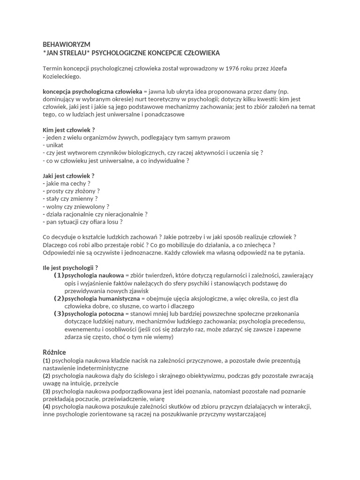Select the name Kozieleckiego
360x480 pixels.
61,76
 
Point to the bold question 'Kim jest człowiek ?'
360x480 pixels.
68,130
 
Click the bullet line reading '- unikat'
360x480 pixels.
52,145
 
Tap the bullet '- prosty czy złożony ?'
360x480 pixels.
71,191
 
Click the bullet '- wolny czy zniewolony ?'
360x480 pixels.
75,206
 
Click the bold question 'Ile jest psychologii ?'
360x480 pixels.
70,268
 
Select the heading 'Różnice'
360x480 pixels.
54,352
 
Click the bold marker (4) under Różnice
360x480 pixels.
46,406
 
